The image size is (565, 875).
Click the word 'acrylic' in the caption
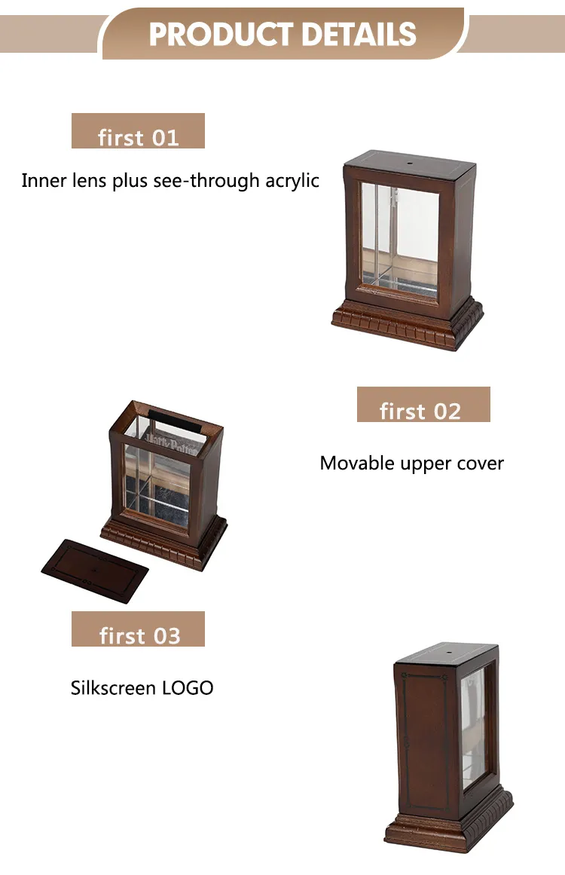point(292,181)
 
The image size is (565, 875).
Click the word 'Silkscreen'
point(113,687)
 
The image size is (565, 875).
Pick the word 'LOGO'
point(188,688)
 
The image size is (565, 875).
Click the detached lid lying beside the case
point(96,571)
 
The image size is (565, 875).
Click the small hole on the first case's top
point(409,164)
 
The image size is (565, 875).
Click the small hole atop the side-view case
point(448,651)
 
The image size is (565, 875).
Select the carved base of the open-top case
point(164,541)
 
